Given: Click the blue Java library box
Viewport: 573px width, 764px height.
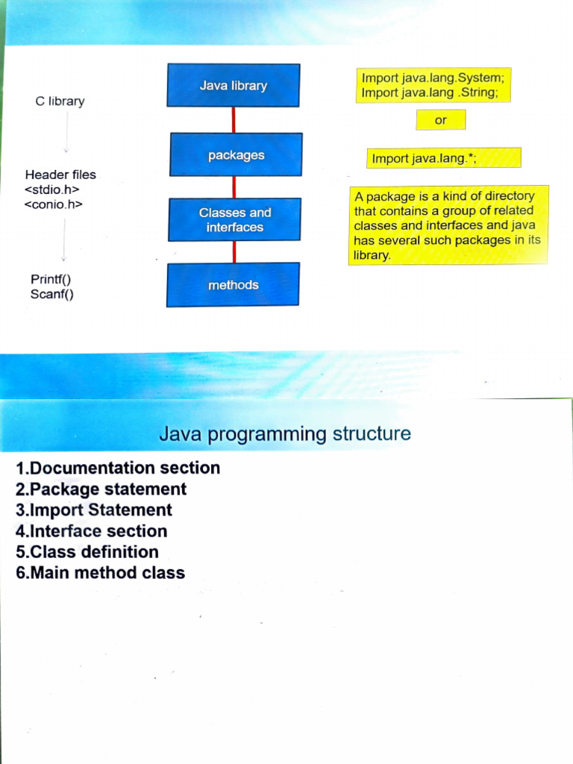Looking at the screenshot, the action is [234, 85].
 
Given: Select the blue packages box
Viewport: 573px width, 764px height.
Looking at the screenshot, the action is [236, 154].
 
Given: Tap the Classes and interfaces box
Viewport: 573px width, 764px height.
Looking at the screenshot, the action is [234, 220].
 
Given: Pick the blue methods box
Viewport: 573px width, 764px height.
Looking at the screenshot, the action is [233, 285].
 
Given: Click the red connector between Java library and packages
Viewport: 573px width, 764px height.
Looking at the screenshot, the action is [234, 120].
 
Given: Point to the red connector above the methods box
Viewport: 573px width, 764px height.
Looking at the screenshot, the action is [234, 252].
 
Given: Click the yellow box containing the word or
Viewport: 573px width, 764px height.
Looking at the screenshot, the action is [441, 120].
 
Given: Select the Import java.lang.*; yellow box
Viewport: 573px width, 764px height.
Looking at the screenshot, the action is [444, 158].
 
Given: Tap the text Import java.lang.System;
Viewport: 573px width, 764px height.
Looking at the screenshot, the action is [433, 78].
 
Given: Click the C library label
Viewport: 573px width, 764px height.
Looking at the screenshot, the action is [60, 101].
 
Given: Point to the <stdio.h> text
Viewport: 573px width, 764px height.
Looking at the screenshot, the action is [51, 189].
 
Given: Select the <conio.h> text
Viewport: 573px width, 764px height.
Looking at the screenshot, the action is [53, 204].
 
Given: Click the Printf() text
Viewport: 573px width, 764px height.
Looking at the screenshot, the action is [51, 279].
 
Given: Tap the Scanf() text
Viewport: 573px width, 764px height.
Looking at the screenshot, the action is [52, 294].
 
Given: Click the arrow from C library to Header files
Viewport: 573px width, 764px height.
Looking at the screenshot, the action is [66, 132].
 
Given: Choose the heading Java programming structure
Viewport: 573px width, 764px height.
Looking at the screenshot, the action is [285, 433].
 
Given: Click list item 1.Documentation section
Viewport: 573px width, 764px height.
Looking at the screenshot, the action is [118, 468].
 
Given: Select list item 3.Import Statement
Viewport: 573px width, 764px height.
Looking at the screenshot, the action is [93, 510].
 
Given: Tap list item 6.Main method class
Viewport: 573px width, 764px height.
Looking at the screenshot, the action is [101, 572].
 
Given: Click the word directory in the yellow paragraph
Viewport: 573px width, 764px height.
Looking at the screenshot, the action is [510, 196].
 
